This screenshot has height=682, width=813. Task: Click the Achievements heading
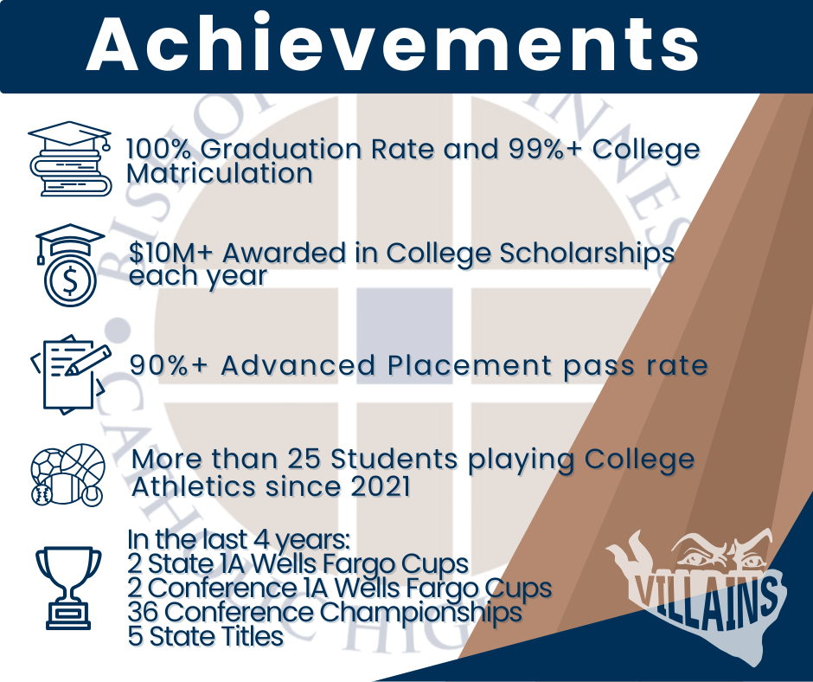point(393,44)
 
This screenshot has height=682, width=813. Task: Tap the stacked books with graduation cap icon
point(70,159)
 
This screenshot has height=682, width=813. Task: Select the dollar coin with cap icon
point(70,265)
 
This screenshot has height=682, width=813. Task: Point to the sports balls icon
point(68,474)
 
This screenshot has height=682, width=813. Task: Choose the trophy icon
point(68,588)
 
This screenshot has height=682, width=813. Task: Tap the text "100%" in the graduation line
point(159,149)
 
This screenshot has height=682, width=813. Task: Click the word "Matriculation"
point(220,173)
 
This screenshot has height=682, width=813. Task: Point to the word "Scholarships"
point(587,254)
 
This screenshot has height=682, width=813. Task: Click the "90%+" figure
point(169,365)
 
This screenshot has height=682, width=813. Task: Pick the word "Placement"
point(470,365)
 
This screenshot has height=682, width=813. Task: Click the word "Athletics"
point(194,487)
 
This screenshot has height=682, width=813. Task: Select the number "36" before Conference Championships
point(143,612)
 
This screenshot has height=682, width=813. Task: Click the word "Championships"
point(420,613)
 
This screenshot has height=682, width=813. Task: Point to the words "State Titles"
point(216,636)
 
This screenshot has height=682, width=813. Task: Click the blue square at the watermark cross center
point(405,336)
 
